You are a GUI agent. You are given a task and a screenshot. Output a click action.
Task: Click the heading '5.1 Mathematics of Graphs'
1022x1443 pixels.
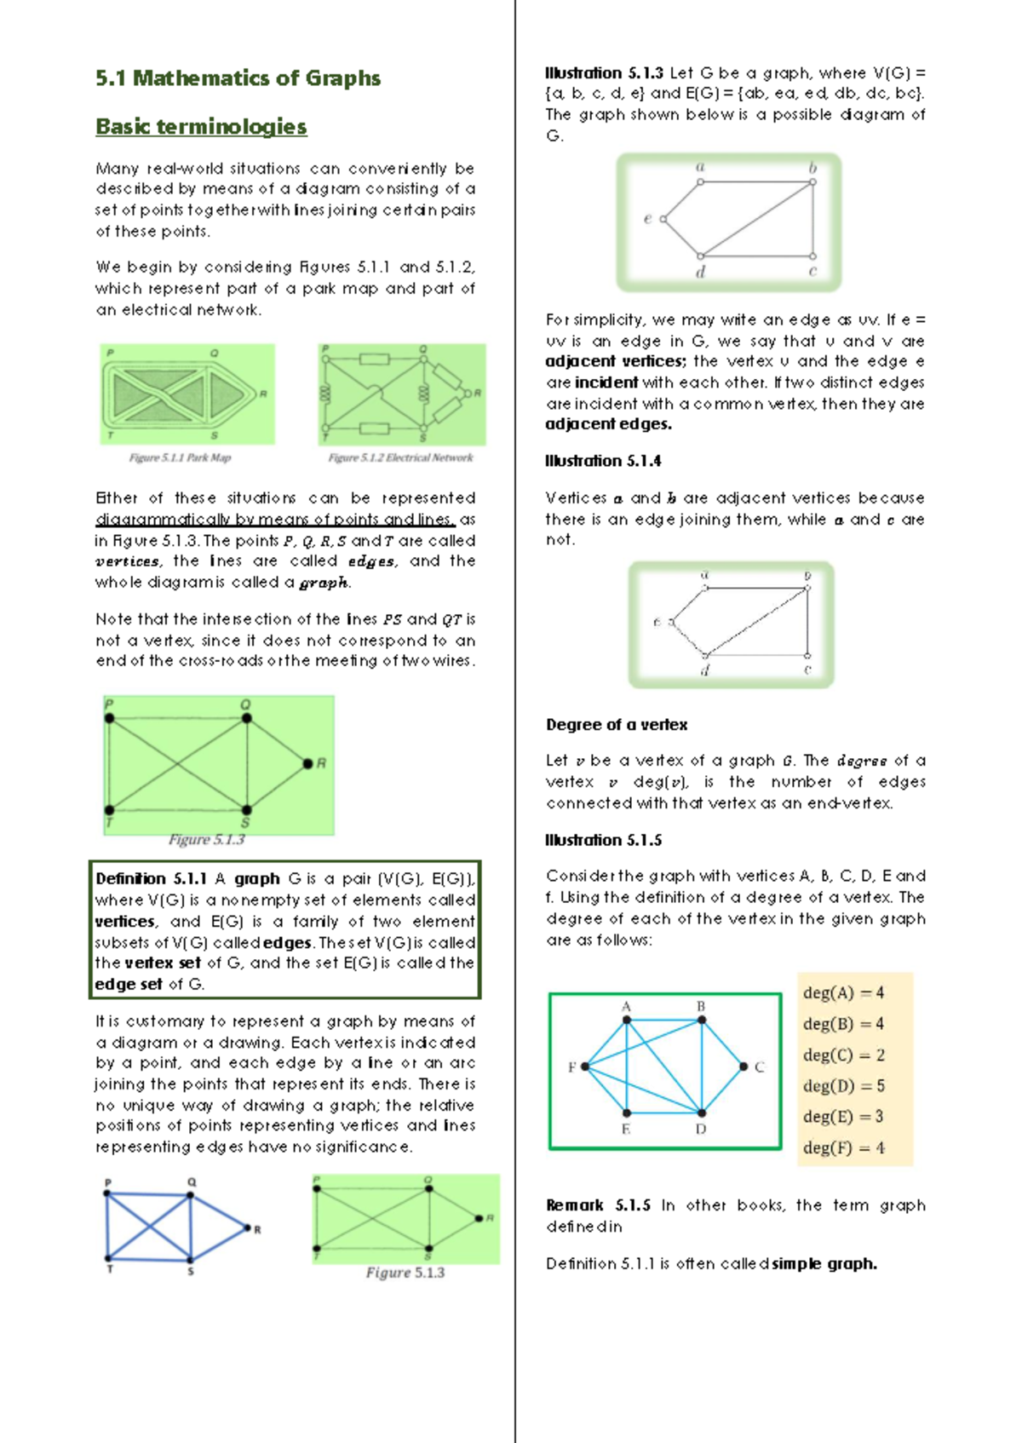[x=238, y=78]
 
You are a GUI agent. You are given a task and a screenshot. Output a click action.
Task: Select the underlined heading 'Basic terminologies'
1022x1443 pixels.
[x=201, y=127]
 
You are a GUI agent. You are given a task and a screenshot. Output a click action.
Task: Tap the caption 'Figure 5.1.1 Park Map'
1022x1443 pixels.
[x=180, y=458]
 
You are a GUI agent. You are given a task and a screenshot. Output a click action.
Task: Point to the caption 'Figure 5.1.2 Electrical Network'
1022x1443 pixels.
[x=400, y=458]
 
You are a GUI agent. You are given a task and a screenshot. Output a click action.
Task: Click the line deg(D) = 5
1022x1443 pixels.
[x=843, y=1086]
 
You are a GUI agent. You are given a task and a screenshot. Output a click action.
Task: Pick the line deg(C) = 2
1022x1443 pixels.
[x=843, y=1055]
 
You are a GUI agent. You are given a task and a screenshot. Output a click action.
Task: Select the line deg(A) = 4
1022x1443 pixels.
[x=843, y=993]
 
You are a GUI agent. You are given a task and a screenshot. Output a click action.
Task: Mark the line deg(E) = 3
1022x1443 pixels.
[x=843, y=1117]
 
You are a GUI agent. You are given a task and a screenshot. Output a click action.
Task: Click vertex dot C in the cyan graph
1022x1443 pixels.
[x=744, y=1066]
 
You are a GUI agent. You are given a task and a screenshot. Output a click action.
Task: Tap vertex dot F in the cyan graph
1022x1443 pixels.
[x=585, y=1066]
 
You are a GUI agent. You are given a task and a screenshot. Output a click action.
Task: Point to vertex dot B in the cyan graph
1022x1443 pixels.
[x=702, y=1020]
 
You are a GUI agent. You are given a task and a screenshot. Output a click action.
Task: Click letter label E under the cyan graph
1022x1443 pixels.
[x=626, y=1130]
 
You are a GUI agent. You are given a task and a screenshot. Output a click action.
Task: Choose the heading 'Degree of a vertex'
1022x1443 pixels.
[x=617, y=725]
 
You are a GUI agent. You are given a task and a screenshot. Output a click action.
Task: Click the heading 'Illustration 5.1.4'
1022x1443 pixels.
[x=603, y=461]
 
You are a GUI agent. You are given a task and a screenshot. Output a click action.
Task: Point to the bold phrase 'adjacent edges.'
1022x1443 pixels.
[x=608, y=424]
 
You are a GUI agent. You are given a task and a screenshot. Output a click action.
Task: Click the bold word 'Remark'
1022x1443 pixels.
[x=574, y=1205]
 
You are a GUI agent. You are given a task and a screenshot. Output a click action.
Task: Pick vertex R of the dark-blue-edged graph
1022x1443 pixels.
[x=247, y=1228]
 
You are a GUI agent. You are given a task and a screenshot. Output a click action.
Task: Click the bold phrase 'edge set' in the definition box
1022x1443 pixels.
[x=129, y=985]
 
